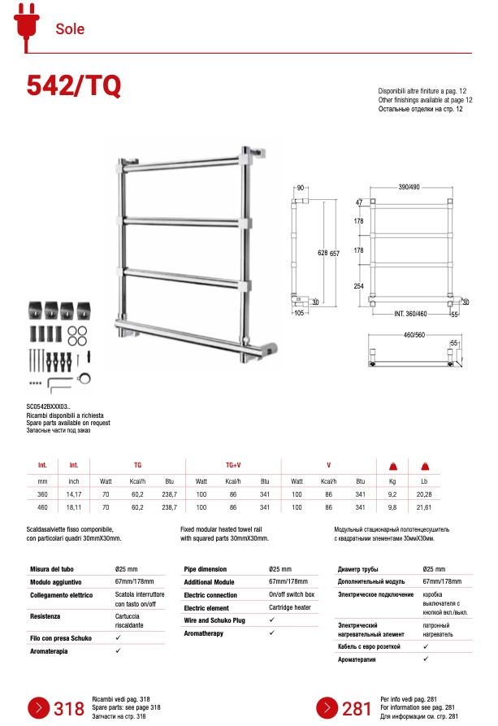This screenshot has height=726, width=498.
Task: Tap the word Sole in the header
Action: (70, 29)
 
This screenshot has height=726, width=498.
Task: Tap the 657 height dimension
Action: (334, 254)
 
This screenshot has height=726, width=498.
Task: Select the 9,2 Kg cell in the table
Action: (392, 493)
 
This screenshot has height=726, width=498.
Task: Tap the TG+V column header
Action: (233, 465)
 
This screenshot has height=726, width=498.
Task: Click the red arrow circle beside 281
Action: (326, 708)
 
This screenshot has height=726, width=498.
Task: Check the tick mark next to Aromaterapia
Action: (119, 650)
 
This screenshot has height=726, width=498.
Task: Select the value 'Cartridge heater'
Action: (289, 607)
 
